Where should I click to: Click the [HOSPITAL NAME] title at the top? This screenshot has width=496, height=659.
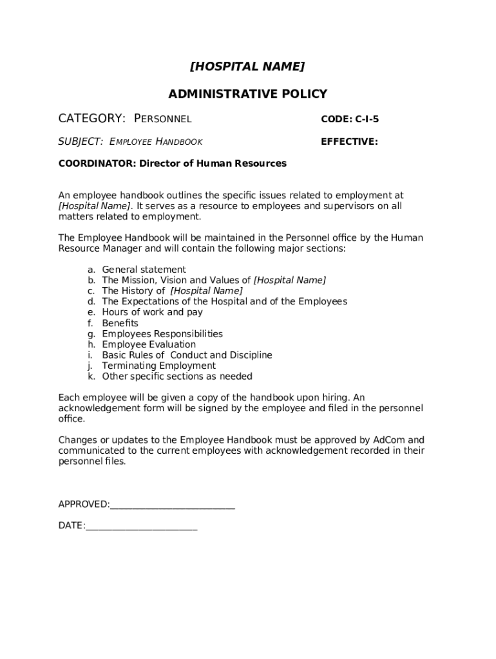click(247, 66)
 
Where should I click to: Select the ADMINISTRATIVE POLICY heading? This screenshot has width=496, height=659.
click(247, 94)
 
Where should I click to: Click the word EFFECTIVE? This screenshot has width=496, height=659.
click(349, 142)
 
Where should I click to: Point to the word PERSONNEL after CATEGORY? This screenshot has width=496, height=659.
click(163, 119)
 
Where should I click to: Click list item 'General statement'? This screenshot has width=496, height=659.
click(144, 270)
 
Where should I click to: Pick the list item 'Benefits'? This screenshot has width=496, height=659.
click(120, 323)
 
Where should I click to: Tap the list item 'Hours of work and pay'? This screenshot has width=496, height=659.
click(152, 312)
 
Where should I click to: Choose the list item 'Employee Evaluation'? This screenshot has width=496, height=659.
click(149, 344)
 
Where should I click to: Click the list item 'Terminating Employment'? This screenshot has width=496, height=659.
click(158, 366)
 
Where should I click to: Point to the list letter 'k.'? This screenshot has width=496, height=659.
click(91, 376)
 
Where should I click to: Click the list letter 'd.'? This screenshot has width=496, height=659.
click(91, 301)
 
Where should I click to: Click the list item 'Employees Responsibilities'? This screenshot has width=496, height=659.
click(162, 334)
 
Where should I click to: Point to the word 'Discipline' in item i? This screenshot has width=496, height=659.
click(250, 355)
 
